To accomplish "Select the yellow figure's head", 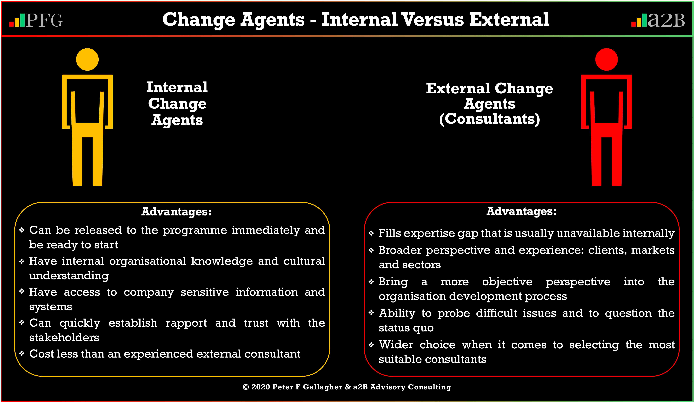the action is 87,59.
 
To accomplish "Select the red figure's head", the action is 606,59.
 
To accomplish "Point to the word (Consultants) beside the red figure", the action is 489,119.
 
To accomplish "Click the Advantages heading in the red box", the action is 521,211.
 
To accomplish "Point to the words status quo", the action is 406,328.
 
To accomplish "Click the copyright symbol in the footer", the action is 246,387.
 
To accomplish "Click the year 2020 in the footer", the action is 261,387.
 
